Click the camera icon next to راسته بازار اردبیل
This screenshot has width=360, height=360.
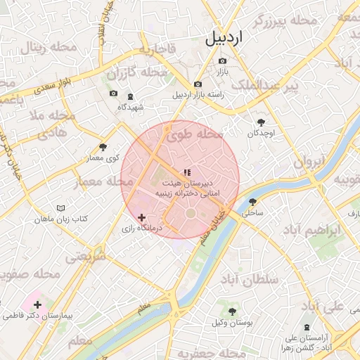tap(198, 84)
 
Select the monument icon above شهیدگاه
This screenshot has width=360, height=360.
tap(130, 96)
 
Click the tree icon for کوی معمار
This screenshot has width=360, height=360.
tap(103, 147)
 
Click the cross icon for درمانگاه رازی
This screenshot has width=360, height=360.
tap(142, 218)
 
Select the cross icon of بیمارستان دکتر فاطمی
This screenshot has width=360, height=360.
tap(37, 305)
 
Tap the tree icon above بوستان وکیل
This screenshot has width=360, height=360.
tap(233, 311)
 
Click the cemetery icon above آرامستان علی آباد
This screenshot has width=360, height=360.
tap(306, 327)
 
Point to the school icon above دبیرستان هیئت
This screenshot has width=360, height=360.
tap(187, 172)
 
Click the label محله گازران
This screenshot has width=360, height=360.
tap(136, 72)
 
